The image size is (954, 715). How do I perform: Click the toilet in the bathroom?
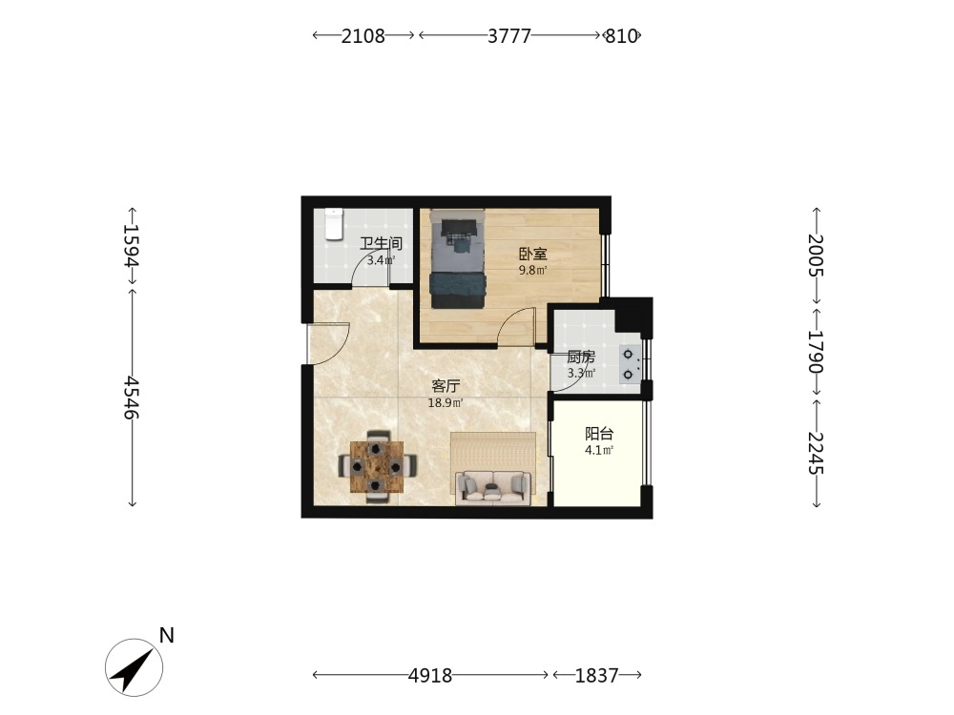(x=334, y=224)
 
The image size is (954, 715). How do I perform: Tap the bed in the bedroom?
(x=458, y=259)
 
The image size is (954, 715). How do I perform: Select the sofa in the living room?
(x=493, y=486)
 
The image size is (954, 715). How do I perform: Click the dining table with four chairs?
(x=377, y=466)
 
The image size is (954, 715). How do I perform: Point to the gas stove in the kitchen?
(x=630, y=363)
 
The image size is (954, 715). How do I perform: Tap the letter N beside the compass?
(x=167, y=635)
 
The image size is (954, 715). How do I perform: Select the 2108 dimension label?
(x=363, y=36)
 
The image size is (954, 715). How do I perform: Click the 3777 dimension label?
(x=509, y=36)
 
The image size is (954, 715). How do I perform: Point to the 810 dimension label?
(x=621, y=36)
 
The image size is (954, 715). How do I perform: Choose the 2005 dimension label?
(x=816, y=255)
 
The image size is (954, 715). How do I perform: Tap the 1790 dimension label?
(x=816, y=352)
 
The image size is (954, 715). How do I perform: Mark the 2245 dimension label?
(x=816, y=453)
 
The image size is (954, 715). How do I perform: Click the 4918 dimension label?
(x=430, y=676)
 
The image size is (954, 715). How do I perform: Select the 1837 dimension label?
(x=597, y=676)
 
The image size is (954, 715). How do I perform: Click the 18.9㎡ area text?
(x=446, y=402)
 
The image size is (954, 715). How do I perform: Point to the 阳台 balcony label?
(x=599, y=434)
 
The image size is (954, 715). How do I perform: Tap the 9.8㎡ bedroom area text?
(x=533, y=270)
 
